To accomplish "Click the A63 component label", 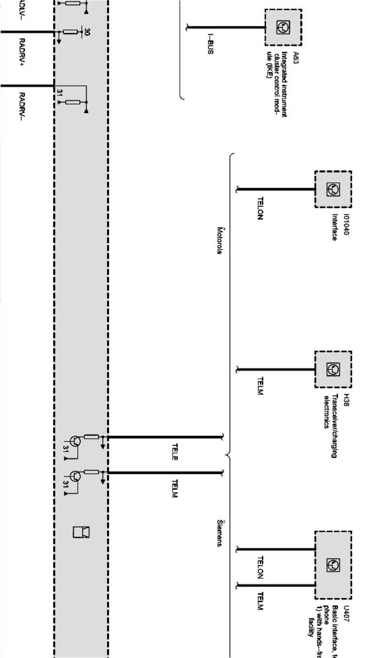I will pyautogui.click(x=295, y=57).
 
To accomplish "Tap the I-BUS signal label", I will pyautogui.click(x=210, y=44).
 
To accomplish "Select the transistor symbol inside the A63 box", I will pyautogui.click(x=283, y=27).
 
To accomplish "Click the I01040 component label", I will pyautogui.click(x=346, y=225).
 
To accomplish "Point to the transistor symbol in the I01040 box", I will pyautogui.click(x=333, y=189).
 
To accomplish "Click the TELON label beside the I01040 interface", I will pyautogui.click(x=260, y=208).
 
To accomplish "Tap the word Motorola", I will pyautogui.click(x=220, y=240).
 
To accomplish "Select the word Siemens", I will pyautogui.click(x=220, y=533).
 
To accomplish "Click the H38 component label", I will pyautogui.click(x=346, y=400).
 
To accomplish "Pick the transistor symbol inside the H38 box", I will pyautogui.click(x=333, y=369).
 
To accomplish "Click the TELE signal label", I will pyautogui.click(x=175, y=452).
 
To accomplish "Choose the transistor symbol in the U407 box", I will pyautogui.click(x=333, y=565).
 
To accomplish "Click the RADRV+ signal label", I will pyautogui.click(x=22, y=52).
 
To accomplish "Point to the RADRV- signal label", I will pyautogui.click(x=22, y=106).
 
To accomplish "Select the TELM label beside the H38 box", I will pyautogui.click(x=260, y=386).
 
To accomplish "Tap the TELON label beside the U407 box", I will pyautogui.click(x=260, y=568).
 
